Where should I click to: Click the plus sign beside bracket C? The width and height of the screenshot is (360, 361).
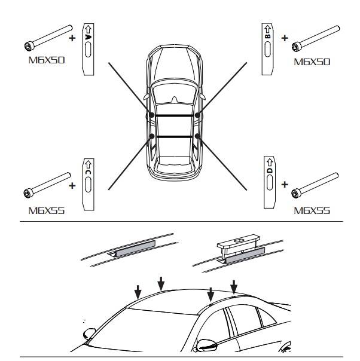pos(73,185)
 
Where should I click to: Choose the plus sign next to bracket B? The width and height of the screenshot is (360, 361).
pos(285,38)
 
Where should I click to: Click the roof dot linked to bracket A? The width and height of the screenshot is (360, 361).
pos(152,114)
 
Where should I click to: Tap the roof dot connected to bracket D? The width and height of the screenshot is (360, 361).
pos(199,137)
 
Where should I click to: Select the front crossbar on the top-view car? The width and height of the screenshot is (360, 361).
pos(175,114)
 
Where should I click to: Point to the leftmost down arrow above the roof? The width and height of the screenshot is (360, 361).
pos(138,292)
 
